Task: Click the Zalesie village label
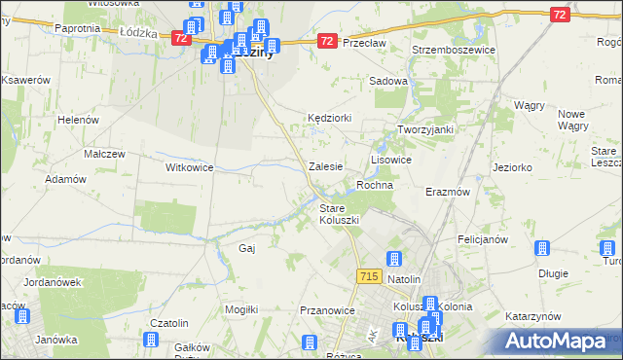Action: click(325, 166)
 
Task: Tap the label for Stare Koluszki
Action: click(340, 214)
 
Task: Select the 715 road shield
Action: click(368, 277)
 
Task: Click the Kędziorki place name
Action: click(329, 117)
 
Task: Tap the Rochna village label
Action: click(375, 185)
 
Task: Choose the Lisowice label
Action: click(391, 159)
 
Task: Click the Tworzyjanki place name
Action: click(425, 129)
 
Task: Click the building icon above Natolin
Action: click(394, 259)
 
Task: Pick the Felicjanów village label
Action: click(483, 238)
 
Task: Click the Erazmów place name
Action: click(448, 192)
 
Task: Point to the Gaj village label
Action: click(246, 248)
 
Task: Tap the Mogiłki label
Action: click(240, 308)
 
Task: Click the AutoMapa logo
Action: click(555, 342)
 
